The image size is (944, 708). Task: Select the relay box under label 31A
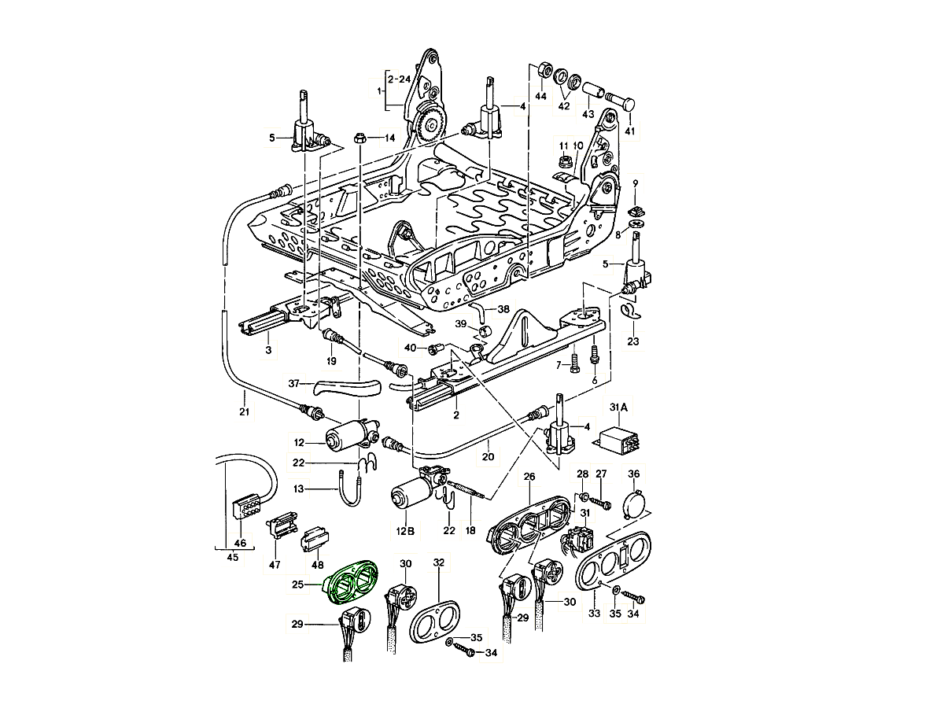click(619, 438)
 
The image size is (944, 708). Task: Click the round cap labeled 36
click(635, 503)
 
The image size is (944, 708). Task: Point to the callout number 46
click(240, 543)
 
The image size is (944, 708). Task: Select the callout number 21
click(244, 411)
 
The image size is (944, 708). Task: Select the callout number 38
click(503, 309)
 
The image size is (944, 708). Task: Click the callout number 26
click(529, 477)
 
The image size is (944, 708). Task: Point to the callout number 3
click(267, 348)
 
